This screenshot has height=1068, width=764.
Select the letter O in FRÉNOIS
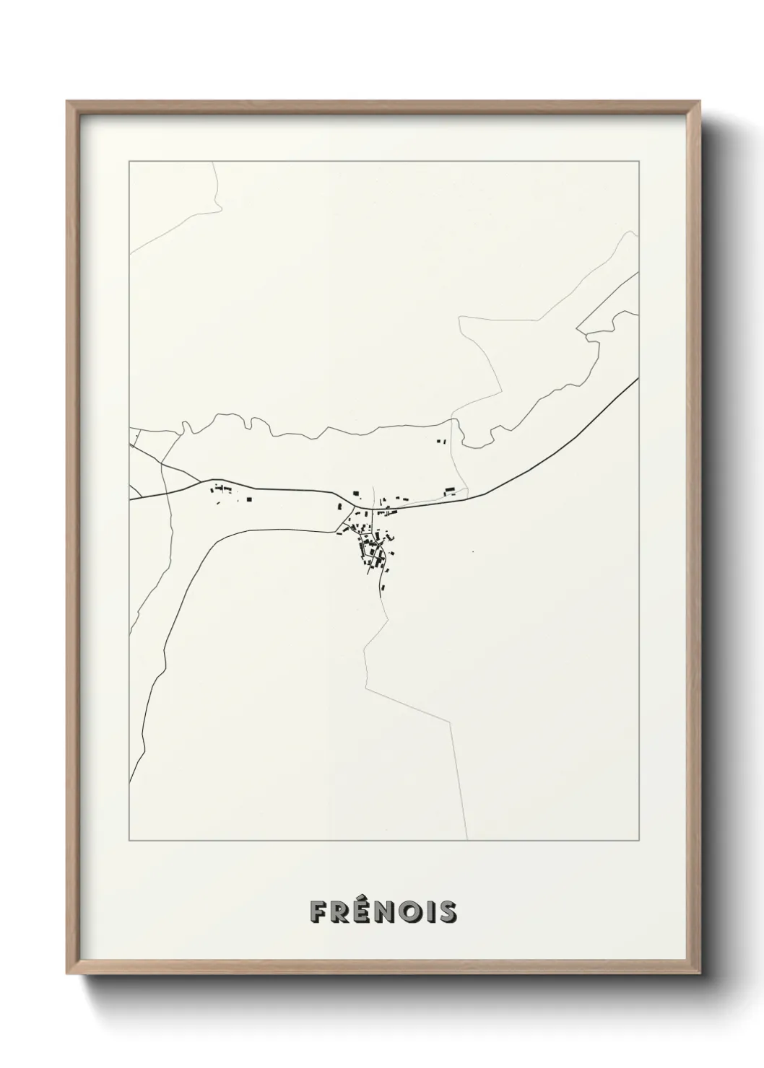(409, 912)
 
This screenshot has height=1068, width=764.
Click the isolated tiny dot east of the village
(472, 553)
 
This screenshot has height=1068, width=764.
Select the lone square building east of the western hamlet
(249, 498)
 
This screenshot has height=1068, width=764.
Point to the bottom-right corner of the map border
(638, 841)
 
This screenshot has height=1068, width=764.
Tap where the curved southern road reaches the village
(338, 533)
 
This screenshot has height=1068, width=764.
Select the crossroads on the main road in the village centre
(373, 509)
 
